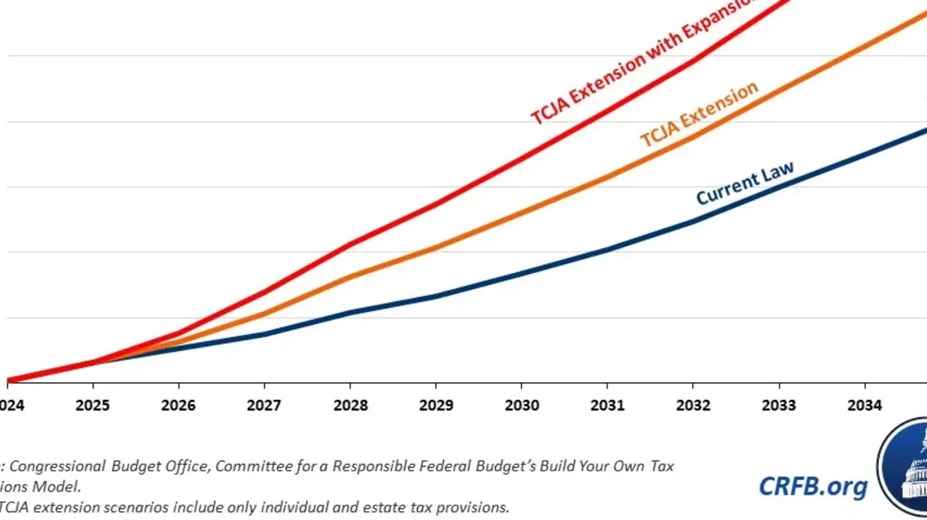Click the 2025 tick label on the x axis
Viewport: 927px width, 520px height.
(93, 405)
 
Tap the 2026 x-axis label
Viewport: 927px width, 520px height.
(178, 405)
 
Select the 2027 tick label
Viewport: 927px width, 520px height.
(264, 405)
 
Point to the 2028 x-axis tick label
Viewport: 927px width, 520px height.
(350, 405)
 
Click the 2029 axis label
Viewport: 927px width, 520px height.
(435, 405)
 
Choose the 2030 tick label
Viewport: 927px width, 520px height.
(521, 405)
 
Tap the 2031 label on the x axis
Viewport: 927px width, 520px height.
(607, 405)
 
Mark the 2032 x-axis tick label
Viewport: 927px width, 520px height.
(692, 405)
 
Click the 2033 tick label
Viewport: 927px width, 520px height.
(778, 405)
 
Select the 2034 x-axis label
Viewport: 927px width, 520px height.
(864, 405)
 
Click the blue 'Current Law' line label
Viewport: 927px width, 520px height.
(744, 184)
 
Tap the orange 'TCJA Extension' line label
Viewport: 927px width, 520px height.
(699, 115)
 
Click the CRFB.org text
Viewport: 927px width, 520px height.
(812, 486)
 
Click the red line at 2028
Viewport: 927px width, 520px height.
(350, 244)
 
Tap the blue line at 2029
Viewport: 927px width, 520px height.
(435, 296)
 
